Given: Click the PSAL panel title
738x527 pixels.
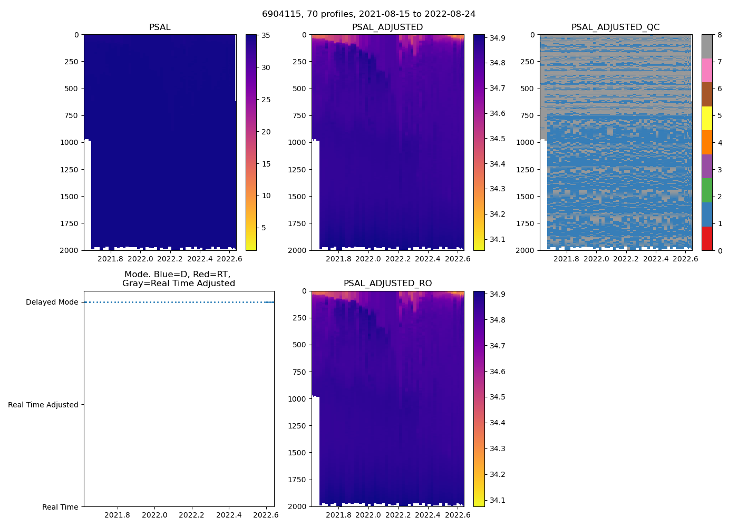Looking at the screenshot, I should [160, 27].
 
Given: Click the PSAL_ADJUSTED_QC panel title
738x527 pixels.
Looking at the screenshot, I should [615, 27].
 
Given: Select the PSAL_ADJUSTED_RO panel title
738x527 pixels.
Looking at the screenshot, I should [387, 284].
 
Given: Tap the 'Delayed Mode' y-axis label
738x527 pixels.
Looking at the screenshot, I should [52, 302].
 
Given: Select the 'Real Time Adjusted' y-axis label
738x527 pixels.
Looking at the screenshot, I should [43, 405].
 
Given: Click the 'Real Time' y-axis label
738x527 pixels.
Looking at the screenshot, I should [60, 507].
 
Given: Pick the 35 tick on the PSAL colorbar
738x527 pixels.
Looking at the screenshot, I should [266, 36].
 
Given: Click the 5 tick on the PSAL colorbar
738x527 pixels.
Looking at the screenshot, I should [264, 228].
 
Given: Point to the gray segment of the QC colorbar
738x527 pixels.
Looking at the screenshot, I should [707, 46].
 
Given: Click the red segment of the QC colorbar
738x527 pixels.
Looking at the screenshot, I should [707, 238].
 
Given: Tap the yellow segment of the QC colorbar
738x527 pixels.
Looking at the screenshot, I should [707, 118].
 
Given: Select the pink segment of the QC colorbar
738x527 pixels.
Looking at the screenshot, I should [707, 70].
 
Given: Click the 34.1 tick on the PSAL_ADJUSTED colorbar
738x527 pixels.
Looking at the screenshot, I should [498, 239].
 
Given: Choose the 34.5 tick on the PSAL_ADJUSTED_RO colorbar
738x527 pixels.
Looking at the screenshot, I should [498, 397].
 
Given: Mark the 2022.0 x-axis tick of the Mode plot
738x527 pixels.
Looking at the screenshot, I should [154, 515].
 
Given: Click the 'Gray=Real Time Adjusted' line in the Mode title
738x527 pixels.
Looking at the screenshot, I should [179, 284].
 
